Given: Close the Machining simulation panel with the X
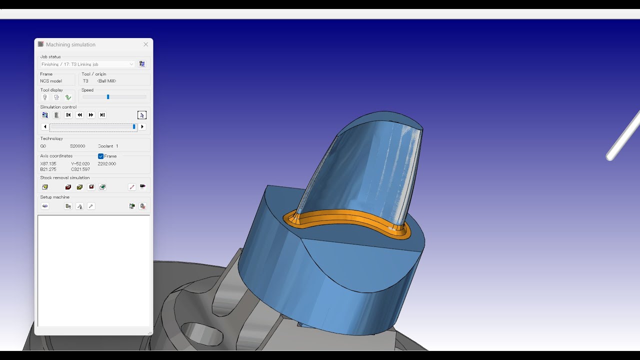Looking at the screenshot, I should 146,44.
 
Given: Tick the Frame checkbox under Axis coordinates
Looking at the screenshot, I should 101,156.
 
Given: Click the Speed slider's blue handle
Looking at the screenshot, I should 108,97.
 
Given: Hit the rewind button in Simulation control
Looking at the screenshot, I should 79,115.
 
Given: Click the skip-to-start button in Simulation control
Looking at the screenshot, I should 68,115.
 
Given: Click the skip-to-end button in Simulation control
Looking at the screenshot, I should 102,115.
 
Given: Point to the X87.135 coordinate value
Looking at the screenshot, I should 48,163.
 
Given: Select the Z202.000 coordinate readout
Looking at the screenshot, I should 107,163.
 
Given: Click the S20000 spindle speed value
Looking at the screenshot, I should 77,146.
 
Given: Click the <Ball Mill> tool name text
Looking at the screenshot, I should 106,81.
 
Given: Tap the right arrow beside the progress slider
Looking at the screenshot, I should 142,127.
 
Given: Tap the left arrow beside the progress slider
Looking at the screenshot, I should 45,127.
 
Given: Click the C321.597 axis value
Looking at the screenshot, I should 80,169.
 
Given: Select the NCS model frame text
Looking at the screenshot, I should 51,81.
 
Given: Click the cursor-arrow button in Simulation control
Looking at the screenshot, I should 142,115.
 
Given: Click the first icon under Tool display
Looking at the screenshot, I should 45,97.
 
